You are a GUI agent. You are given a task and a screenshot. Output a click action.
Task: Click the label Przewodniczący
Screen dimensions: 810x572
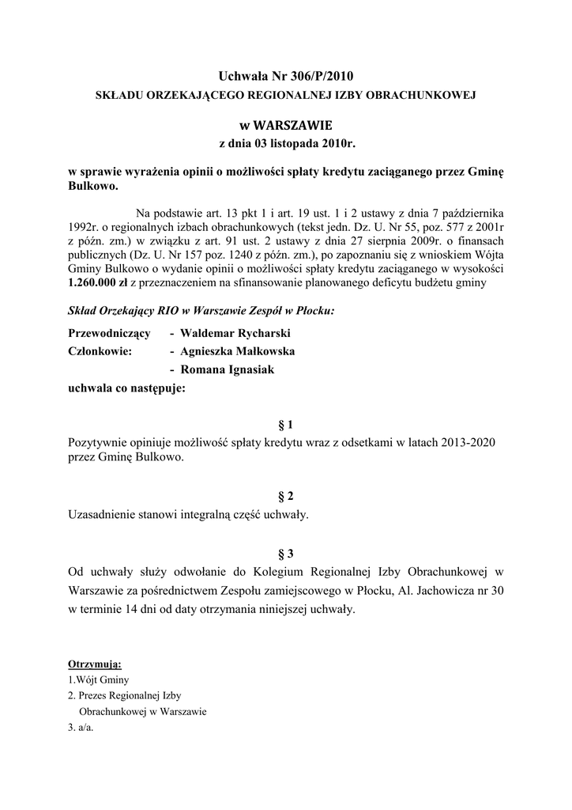(x=109, y=334)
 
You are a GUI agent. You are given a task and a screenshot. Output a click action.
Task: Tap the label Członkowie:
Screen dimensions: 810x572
(x=100, y=351)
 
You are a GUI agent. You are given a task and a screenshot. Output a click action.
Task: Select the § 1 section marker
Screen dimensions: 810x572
(x=286, y=424)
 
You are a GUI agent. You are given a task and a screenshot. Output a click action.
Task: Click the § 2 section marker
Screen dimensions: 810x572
(x=286, y=496)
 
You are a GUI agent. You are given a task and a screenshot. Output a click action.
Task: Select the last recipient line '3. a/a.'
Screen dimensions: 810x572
(x=81, y=727)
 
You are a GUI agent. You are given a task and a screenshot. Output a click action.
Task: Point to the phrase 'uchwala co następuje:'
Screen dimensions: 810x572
(x=127, y=388)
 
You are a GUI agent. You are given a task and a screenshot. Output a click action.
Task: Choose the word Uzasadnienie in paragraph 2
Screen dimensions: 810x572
(x=105, y=515)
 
